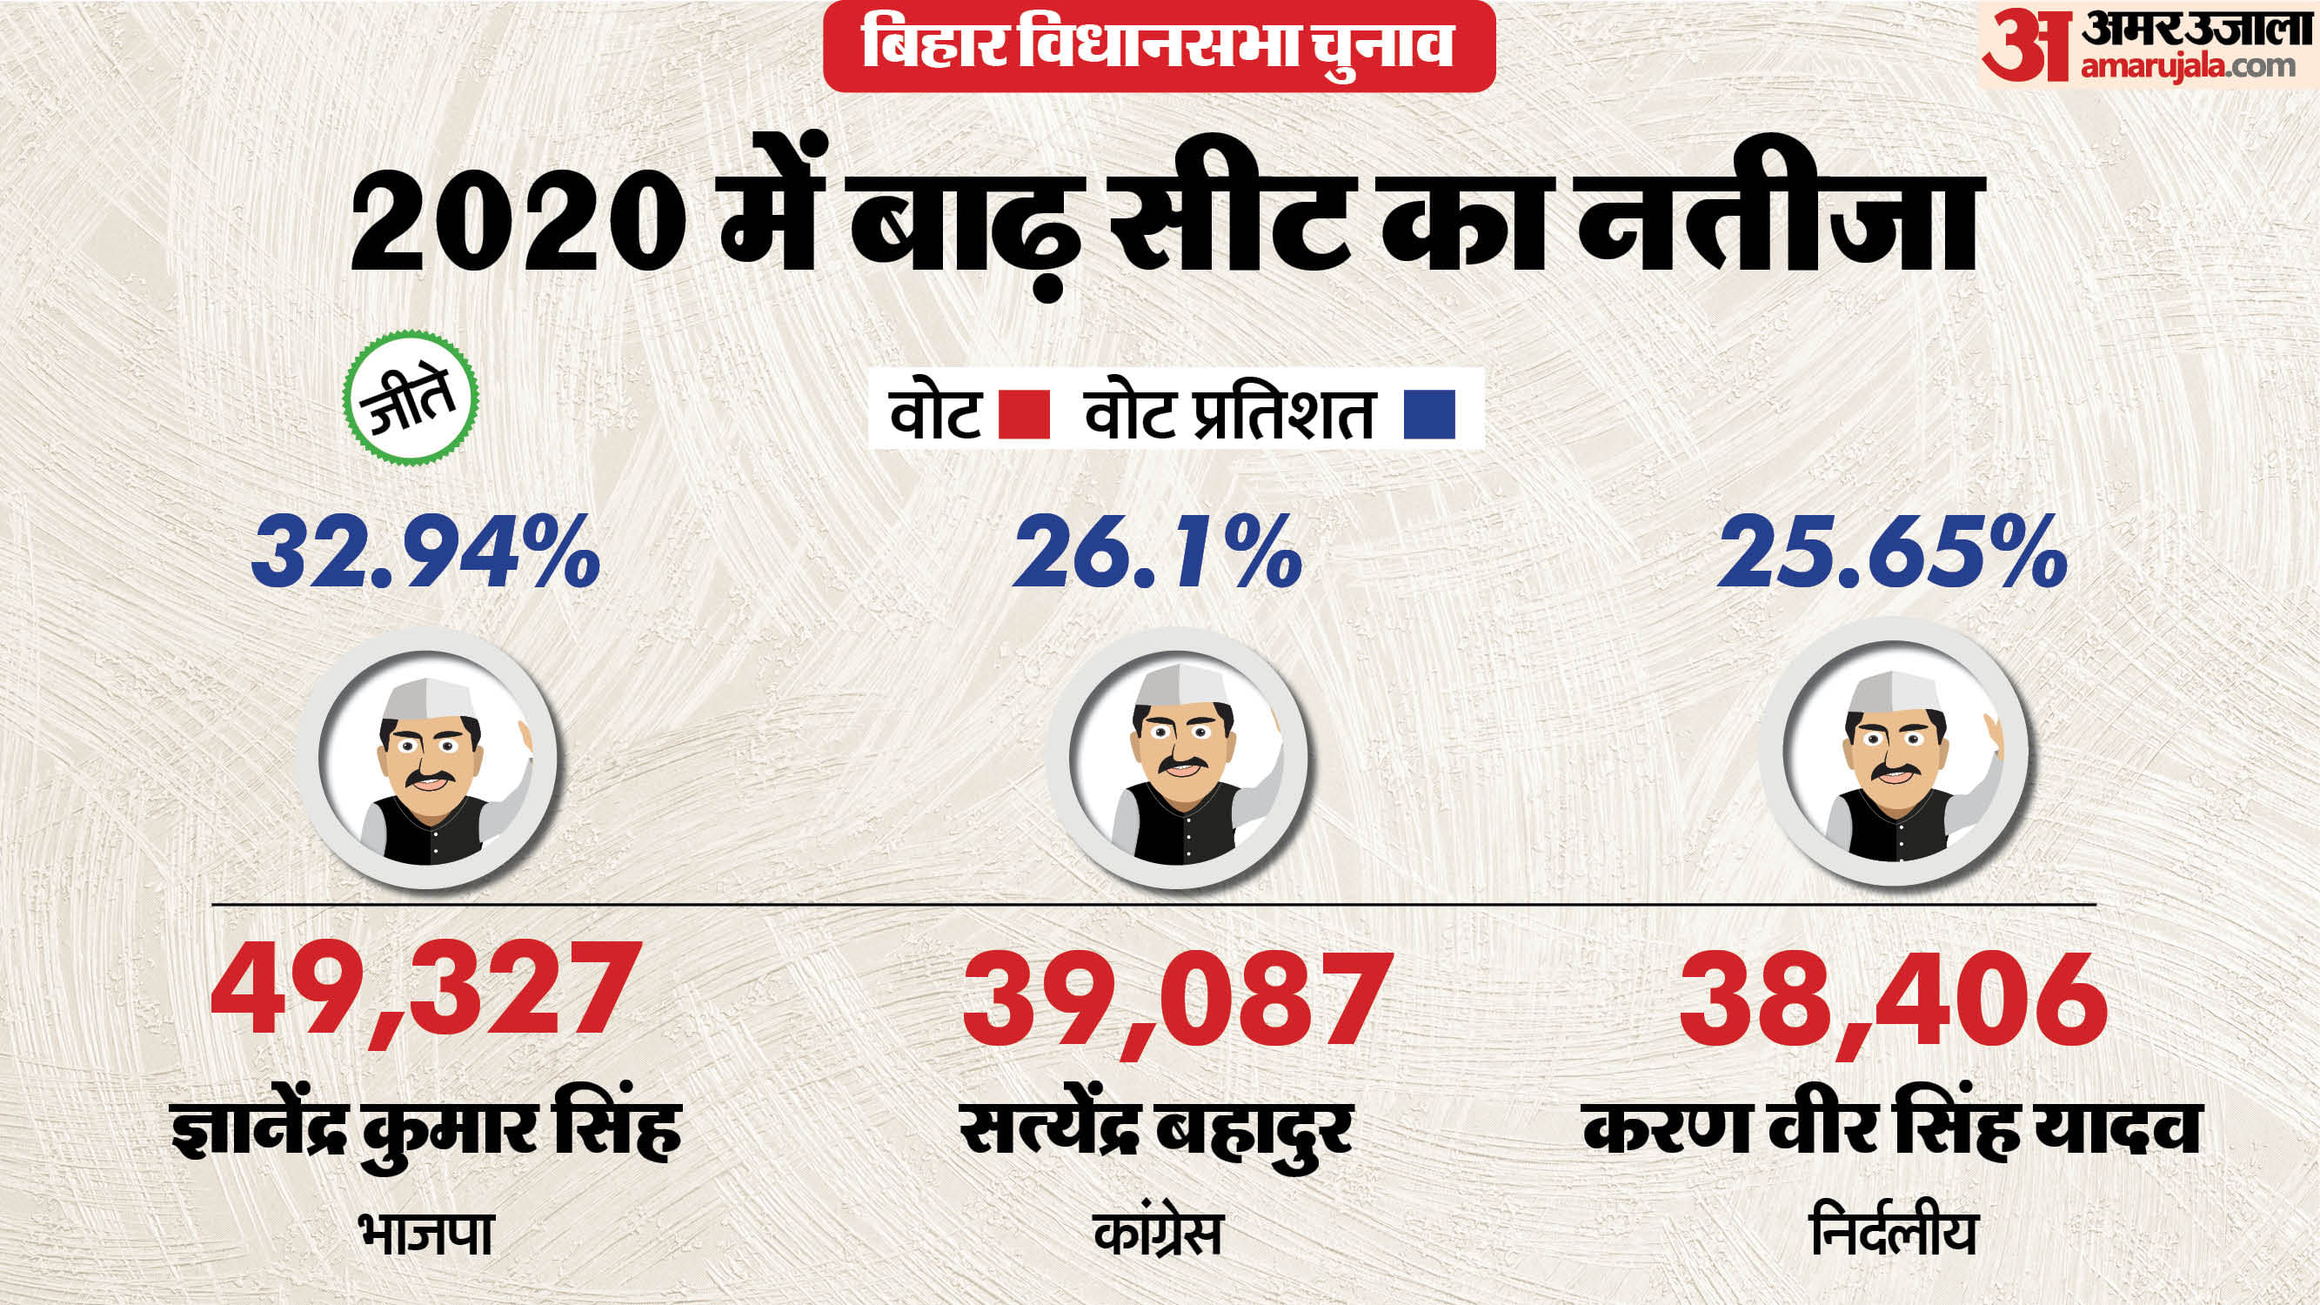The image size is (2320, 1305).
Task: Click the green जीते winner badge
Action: point(411,398)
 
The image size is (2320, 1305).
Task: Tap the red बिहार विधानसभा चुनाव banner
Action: point(1159,45)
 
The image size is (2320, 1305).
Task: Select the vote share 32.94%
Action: point(426,551)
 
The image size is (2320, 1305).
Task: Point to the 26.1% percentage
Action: point(1158,551)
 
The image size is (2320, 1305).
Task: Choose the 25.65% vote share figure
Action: point(1892,551)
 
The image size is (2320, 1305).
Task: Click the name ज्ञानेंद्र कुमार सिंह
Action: point(426,1131)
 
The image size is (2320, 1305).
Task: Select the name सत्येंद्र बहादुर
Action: point(1156,1131)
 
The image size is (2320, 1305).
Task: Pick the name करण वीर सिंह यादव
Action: point(1892,1131)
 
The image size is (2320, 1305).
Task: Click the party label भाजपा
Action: point(425,1235)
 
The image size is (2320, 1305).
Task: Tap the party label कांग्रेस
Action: point(1158,1235)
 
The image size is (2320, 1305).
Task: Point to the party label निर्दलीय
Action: point(1892,1235)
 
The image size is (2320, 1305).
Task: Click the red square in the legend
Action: point(1025,414)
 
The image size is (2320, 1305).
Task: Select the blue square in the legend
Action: point(1429,414)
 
